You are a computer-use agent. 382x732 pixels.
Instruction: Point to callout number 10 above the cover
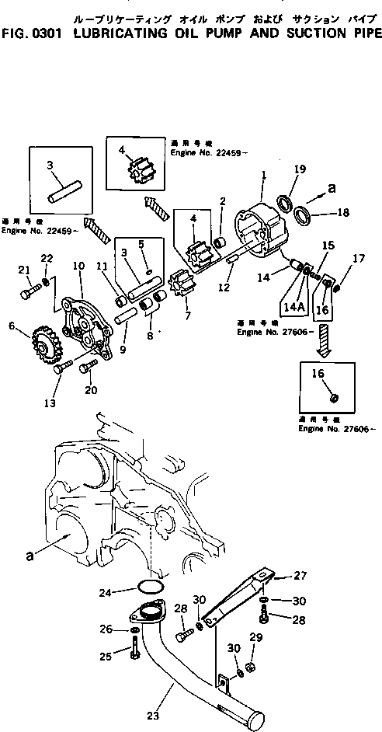[78, 267]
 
